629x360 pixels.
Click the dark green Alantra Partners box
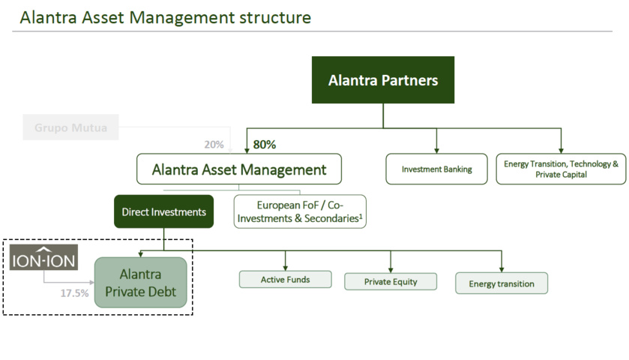383,79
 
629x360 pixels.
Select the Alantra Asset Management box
239,169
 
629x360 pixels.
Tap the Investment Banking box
437,169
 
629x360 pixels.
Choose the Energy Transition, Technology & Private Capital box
561,169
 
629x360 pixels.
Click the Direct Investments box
163,211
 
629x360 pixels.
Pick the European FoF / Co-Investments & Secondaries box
300,211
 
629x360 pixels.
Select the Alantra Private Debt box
141,283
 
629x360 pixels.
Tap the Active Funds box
285,279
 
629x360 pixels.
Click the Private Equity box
391,282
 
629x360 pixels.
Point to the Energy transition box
502,283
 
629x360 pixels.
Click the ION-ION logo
43,257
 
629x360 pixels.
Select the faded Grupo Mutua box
70,127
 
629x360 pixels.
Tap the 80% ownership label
265,145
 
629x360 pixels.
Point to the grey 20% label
214,145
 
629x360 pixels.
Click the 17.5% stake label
75,293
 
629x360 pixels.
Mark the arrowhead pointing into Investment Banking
437,151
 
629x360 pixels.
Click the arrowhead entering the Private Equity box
391,271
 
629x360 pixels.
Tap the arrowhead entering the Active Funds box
285,268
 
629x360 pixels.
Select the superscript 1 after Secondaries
361,216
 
